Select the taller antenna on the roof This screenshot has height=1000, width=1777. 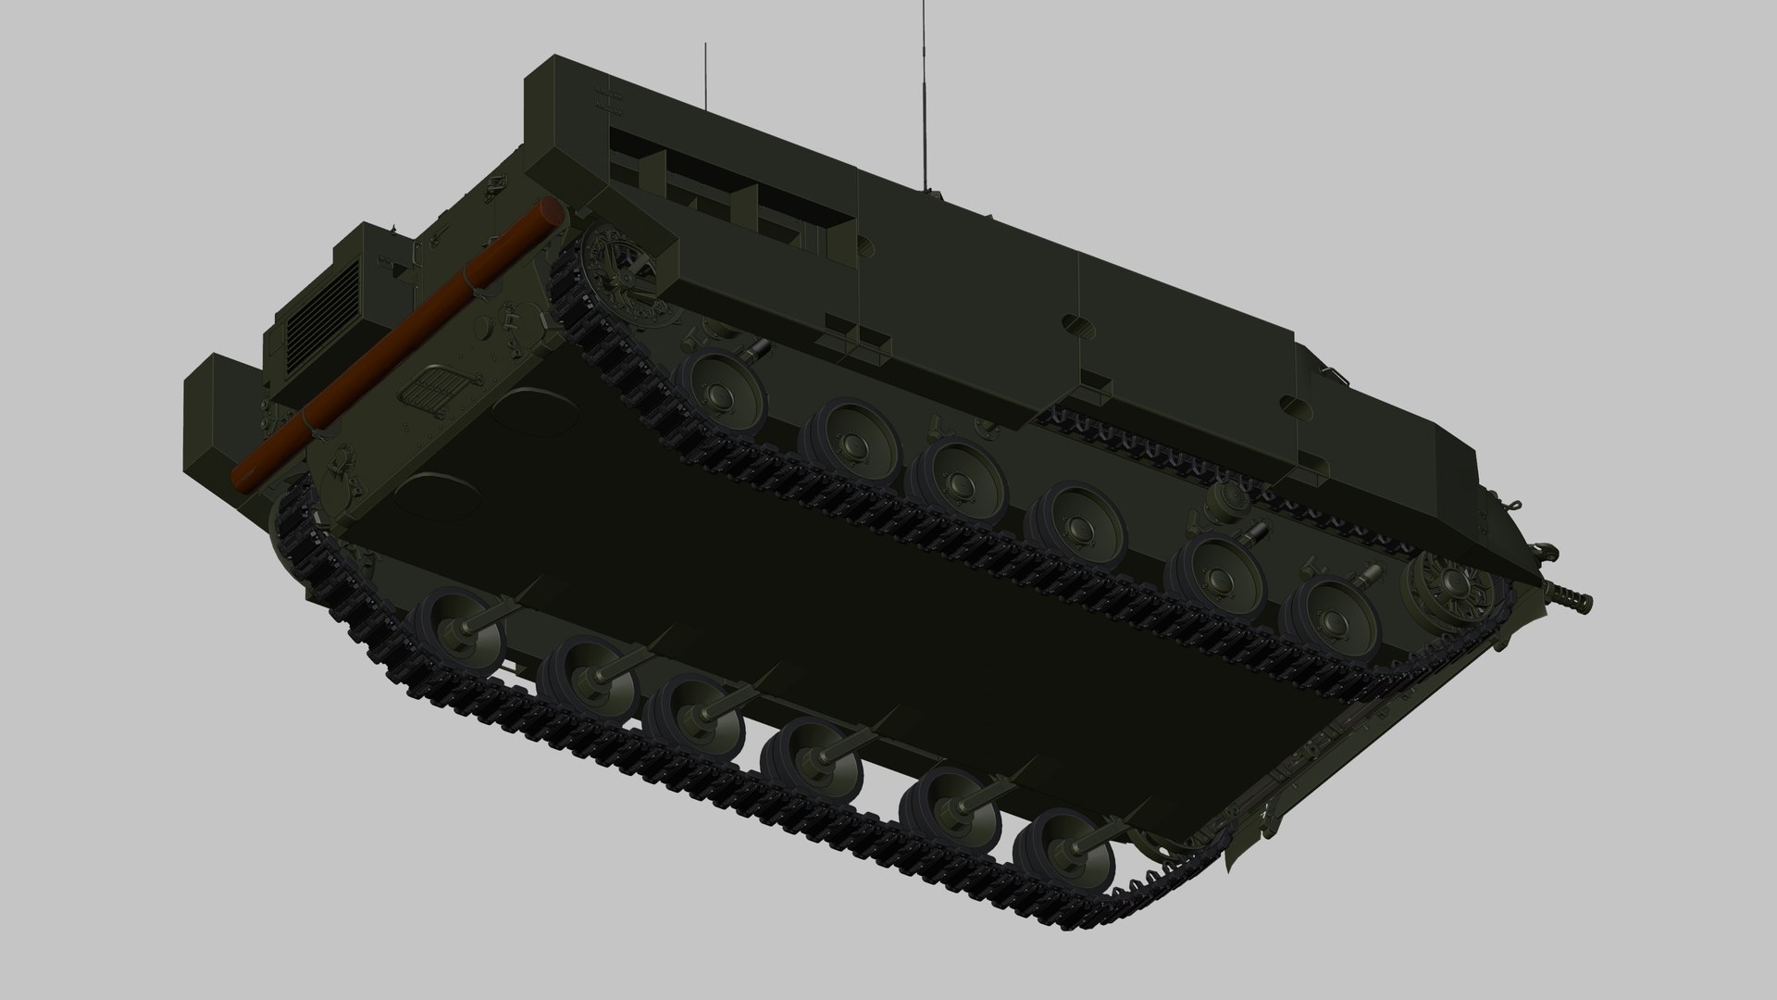(x=923, y=93)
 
